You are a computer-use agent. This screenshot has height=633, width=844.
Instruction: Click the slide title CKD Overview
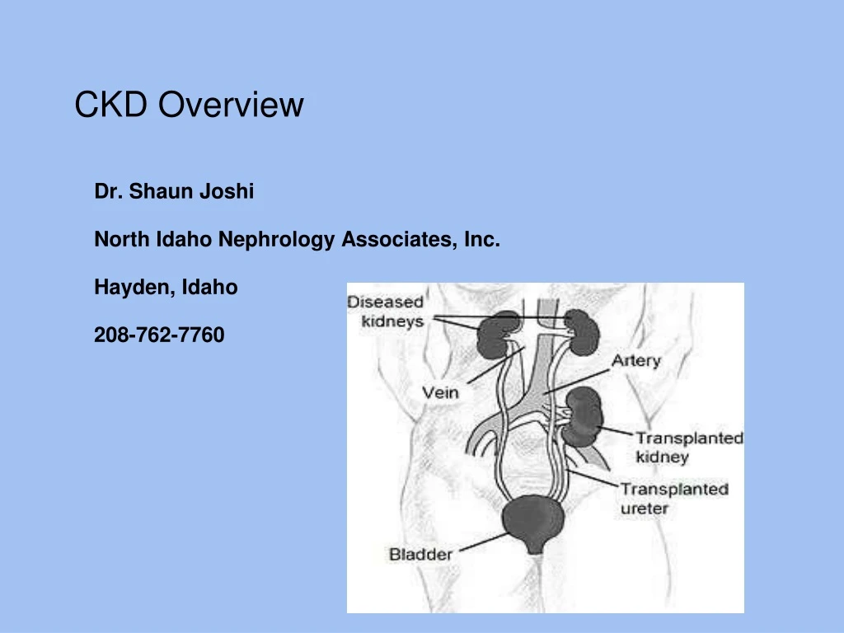(189, 105)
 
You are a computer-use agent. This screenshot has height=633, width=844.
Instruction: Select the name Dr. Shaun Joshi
(174, 192)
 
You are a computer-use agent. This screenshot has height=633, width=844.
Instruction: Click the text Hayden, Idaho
(166, 288)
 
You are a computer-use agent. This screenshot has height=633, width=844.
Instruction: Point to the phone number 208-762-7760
(159, 335)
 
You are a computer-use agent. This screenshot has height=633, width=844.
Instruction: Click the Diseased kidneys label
(386, 312)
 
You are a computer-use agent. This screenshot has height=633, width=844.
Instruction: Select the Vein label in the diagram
(440, 392)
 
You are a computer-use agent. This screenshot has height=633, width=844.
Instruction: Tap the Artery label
(635, 361)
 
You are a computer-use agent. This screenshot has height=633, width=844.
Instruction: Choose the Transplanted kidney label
(688, 447)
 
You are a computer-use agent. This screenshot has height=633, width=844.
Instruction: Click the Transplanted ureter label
(674, 498)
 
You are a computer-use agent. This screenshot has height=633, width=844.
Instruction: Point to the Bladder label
(420, 554)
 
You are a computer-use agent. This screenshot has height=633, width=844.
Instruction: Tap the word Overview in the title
(232, 105)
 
